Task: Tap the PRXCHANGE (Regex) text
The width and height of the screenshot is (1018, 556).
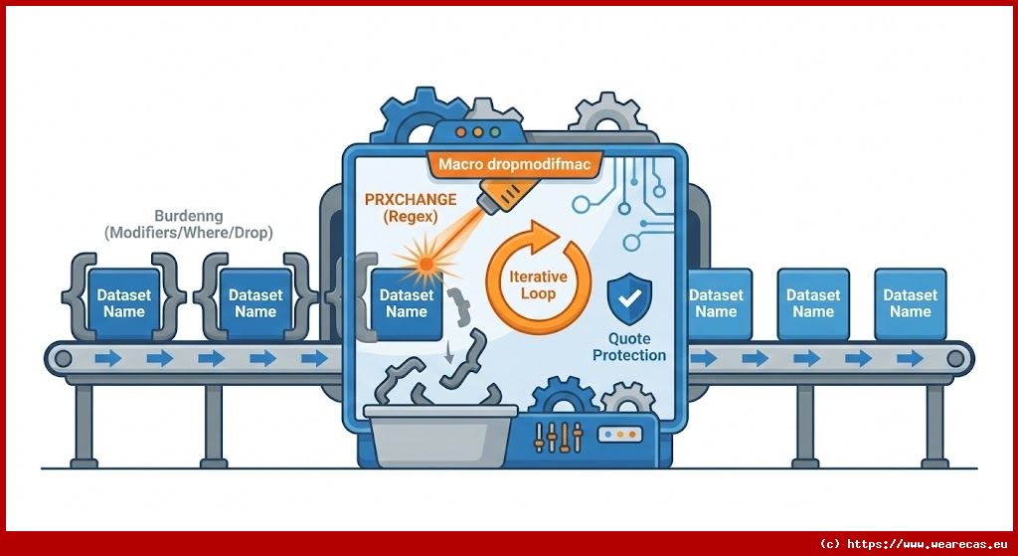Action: (x=410, y=207)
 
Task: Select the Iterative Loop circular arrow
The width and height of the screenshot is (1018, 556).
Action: (x=538, y=275)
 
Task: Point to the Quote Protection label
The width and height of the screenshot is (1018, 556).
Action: (x=629, y=347)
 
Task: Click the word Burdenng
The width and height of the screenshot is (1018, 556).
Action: (x=189, y=215)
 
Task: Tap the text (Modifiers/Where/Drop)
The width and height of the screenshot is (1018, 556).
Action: (x=189, y=232)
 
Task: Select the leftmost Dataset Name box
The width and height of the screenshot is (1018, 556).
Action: (x=123, y=302)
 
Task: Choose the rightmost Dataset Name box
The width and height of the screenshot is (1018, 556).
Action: (x=910, y=302)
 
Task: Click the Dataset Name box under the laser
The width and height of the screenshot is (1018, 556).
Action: (x=406, y=302)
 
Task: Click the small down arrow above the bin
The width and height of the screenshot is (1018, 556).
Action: (x=449, y=350)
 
